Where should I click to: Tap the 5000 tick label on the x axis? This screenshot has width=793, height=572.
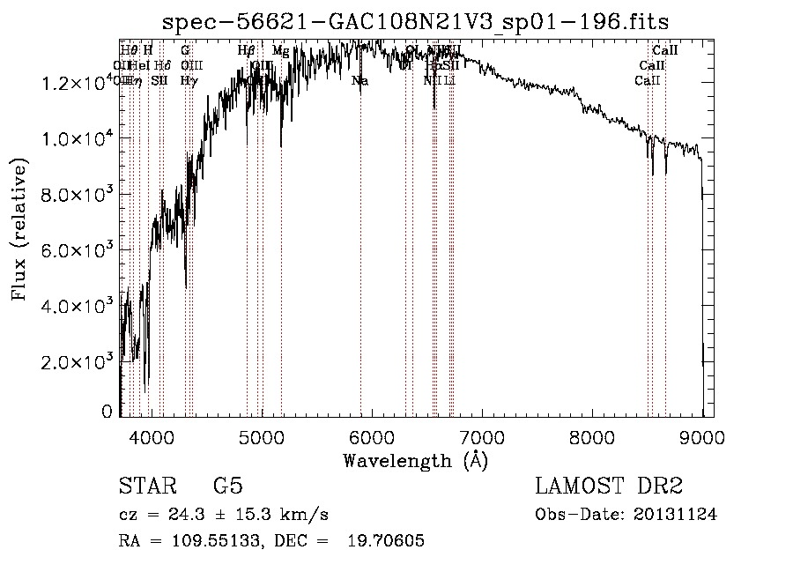point(262,435)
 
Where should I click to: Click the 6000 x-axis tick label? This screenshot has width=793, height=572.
point(372,435)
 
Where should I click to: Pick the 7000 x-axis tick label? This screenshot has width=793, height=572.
point(482,435)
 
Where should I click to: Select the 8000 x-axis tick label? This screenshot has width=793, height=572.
point(592,435)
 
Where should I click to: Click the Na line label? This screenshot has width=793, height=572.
point(359,81)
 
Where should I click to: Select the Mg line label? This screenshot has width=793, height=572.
point(280,51)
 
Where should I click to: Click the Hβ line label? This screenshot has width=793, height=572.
point(247,51)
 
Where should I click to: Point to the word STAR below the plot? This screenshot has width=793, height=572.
point(146,487)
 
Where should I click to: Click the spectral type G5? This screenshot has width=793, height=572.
point(227,487)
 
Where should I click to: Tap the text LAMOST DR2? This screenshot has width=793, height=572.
point(609,487)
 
